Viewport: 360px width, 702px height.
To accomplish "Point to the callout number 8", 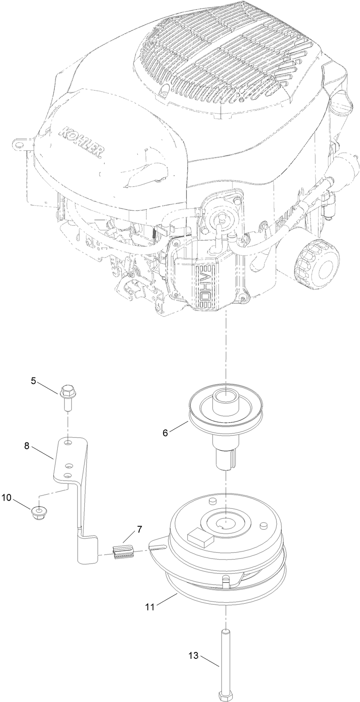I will click(x=27, y=445).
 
